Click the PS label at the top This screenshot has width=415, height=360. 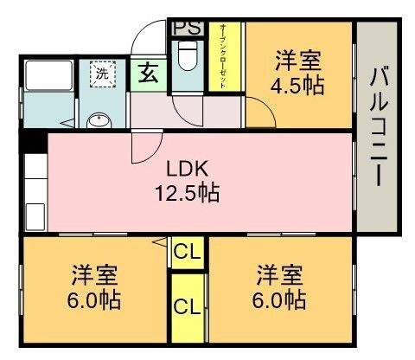[187, 27]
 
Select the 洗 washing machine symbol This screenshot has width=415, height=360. [103, 74]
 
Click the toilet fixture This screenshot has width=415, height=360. [186, 61]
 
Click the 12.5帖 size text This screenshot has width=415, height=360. [186, 191]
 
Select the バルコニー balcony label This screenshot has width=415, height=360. [378, 126]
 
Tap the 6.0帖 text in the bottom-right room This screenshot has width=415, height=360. [280, 301]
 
